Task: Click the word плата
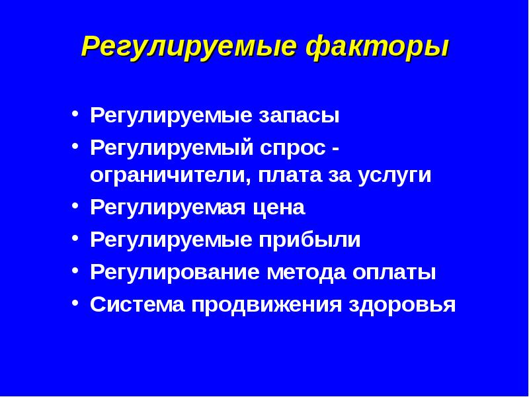click(291, 177)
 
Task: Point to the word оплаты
click(395, 272)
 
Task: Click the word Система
click(138, 304)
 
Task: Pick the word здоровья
click(401, 304)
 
